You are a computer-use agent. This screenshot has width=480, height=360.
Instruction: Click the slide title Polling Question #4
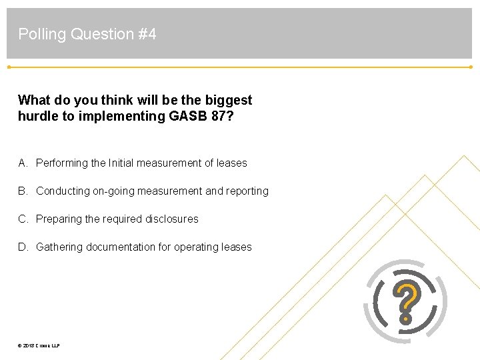(x=87, y=34)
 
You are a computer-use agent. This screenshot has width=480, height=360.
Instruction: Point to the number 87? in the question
(x=219, y=116)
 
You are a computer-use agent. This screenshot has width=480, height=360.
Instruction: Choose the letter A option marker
(x=23, y=163)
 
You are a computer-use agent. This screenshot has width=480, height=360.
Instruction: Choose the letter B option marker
(x=23, y=191)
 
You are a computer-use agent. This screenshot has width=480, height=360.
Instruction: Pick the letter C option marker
(x=23, y=219)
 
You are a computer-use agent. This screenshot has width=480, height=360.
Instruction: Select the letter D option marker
(x=23, y=247)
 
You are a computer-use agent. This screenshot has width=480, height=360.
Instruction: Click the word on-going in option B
(x=112, y=191)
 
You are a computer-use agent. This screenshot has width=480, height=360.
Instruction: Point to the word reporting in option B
(x=247, y=191)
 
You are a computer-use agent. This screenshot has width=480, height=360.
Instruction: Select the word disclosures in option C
(x=172, y=219)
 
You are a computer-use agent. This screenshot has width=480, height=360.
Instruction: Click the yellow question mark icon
(x=406, y=302)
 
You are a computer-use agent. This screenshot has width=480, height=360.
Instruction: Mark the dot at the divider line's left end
(x=9, y=67)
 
